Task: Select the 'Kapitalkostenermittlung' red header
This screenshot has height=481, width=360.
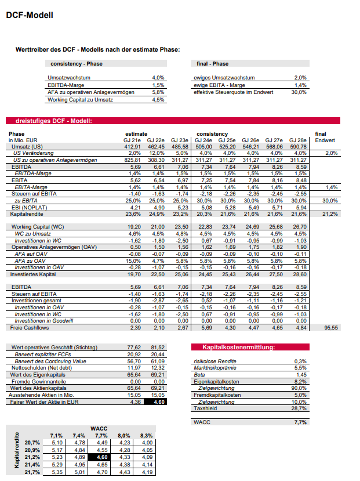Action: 238,347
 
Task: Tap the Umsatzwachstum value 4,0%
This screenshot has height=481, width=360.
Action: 158,77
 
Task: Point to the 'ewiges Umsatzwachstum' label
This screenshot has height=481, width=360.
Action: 224,77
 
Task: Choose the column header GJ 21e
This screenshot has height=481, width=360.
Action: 133,140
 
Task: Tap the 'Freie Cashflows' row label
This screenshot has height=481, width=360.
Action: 28,327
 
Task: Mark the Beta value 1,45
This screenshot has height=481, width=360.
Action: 300,374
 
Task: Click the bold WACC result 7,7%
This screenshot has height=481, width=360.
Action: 299,423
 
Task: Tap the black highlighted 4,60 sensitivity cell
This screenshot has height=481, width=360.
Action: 101,457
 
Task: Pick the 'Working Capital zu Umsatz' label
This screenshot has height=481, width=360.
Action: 80,100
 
